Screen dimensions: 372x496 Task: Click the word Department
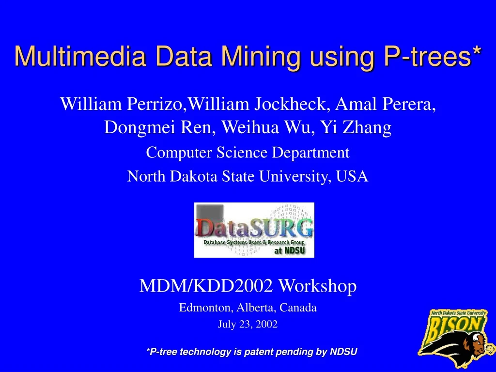point(310,153)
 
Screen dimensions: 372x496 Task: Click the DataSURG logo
point(254,230)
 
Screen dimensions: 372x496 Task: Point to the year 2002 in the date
point(267,325)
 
